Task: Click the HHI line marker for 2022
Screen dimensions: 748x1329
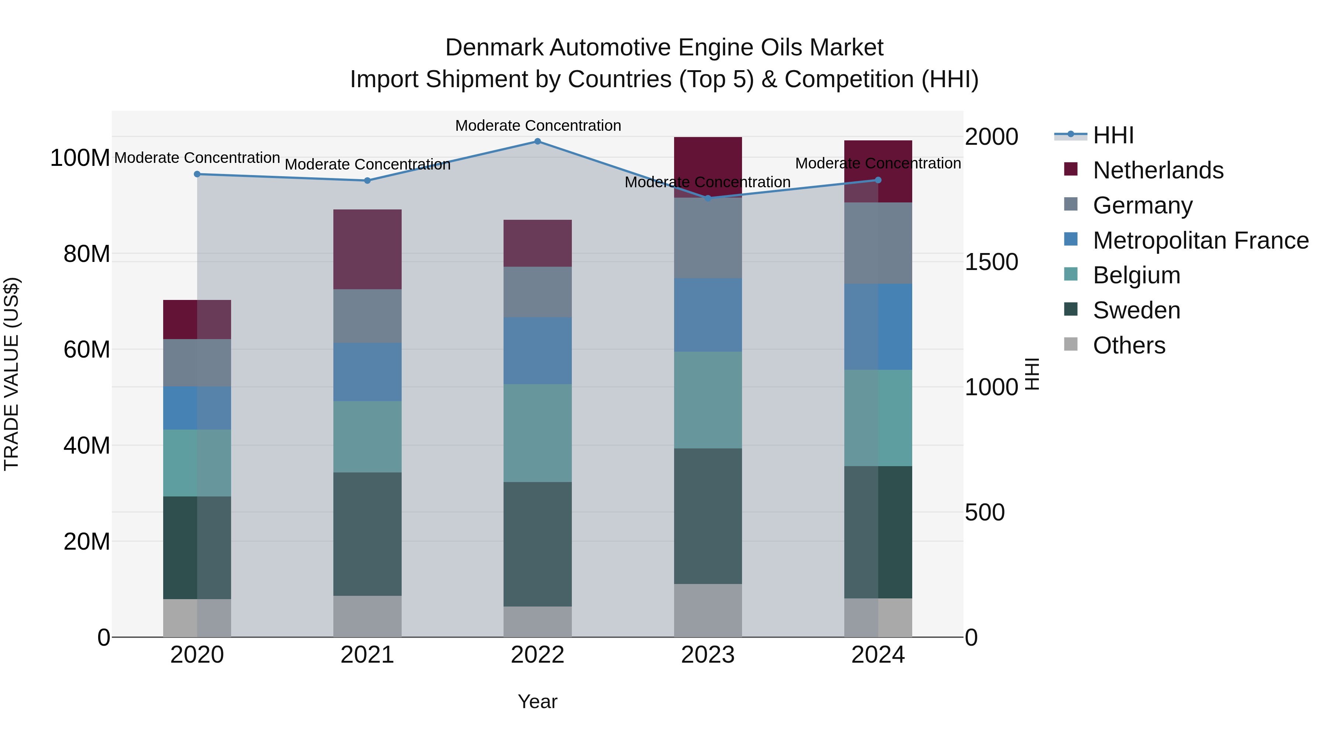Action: [x=537, y=141]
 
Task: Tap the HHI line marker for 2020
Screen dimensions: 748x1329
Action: [x=197, y=174]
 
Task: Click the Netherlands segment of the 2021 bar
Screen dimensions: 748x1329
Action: [x=367, y=249]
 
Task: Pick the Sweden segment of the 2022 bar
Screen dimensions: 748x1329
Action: [x=537, y=544]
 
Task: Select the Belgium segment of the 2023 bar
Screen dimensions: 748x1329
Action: [x=708, y=400]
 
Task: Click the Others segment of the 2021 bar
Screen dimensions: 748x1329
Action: [x=367, y=616]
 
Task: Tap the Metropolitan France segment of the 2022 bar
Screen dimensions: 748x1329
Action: [x=537, y=351]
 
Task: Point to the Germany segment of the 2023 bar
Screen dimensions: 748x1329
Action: [x=708, y=238]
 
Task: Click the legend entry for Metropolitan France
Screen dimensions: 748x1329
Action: [x=1201, y=240]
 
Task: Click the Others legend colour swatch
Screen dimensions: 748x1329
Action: [x=1071, y=344]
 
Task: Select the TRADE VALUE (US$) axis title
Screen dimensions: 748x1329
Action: [x=11, y=374]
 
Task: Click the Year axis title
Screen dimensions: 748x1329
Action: [x=537, y=701]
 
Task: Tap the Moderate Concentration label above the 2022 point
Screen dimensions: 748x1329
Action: [x=538, y=126]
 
